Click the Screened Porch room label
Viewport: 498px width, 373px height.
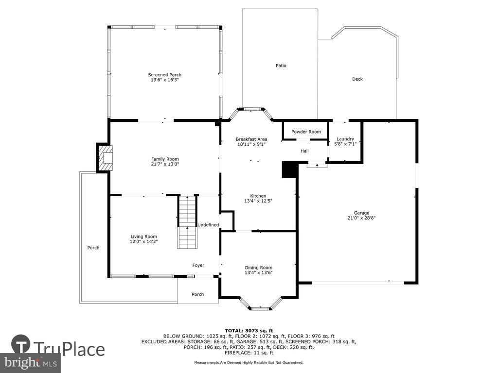pos(164,75)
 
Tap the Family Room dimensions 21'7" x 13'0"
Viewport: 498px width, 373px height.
pos(165,164)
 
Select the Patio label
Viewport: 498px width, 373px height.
pos(281,66)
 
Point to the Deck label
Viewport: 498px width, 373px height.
pos(357,79)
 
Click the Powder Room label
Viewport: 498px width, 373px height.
pos(306,132)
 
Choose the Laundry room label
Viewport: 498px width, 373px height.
pos(345,139)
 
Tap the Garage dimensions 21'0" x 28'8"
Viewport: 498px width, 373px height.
pos(361,218)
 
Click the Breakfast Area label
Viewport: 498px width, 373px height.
pos(251,139)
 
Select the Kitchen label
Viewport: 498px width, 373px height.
pos(258,196)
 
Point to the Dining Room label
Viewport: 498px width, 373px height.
pos(259,268)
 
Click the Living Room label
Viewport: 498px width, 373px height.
pos(143,237)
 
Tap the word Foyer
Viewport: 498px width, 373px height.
pos(198,266)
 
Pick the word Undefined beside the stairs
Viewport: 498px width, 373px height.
pos(208,225)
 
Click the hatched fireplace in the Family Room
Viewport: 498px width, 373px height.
pos(105,158)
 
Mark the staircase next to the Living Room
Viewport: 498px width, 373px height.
pos(187,222)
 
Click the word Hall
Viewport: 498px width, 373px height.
pos(304,151)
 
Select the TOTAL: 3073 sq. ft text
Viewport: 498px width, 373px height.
pos(249,331)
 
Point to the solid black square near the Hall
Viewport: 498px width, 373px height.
pos(289,170)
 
